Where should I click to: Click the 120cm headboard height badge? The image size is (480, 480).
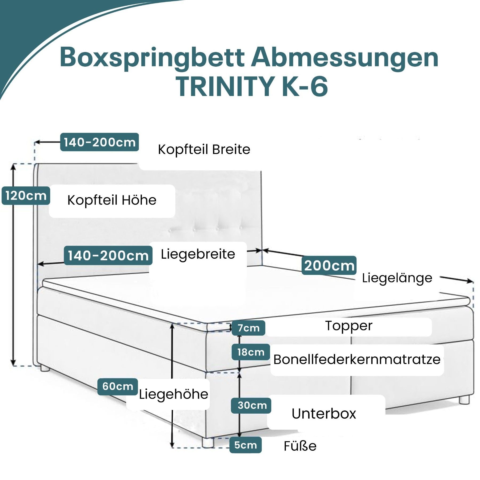coord(26,196)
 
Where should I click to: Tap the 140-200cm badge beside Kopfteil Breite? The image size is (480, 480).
coord(99,142)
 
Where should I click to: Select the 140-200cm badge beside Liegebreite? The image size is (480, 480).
coord(108,255)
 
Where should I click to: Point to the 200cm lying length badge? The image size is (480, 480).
coord(329,265)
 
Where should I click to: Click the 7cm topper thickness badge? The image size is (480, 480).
coord(249,328)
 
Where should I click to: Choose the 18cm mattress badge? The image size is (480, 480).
coord(251,352)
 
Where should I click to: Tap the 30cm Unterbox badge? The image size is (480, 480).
coord(251,406)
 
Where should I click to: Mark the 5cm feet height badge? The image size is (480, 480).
coord(246,445)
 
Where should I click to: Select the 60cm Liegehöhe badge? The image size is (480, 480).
coord(118,386)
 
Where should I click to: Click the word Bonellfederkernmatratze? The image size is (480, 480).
coord(357,359)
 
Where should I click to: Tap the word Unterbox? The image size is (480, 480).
coord(324,414)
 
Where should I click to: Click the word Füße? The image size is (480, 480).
coord(300,446)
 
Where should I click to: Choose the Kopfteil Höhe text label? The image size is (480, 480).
coord(112,200)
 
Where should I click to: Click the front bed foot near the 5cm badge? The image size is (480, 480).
coord(208,443)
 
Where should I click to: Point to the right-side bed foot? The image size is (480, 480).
coord(464,399)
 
